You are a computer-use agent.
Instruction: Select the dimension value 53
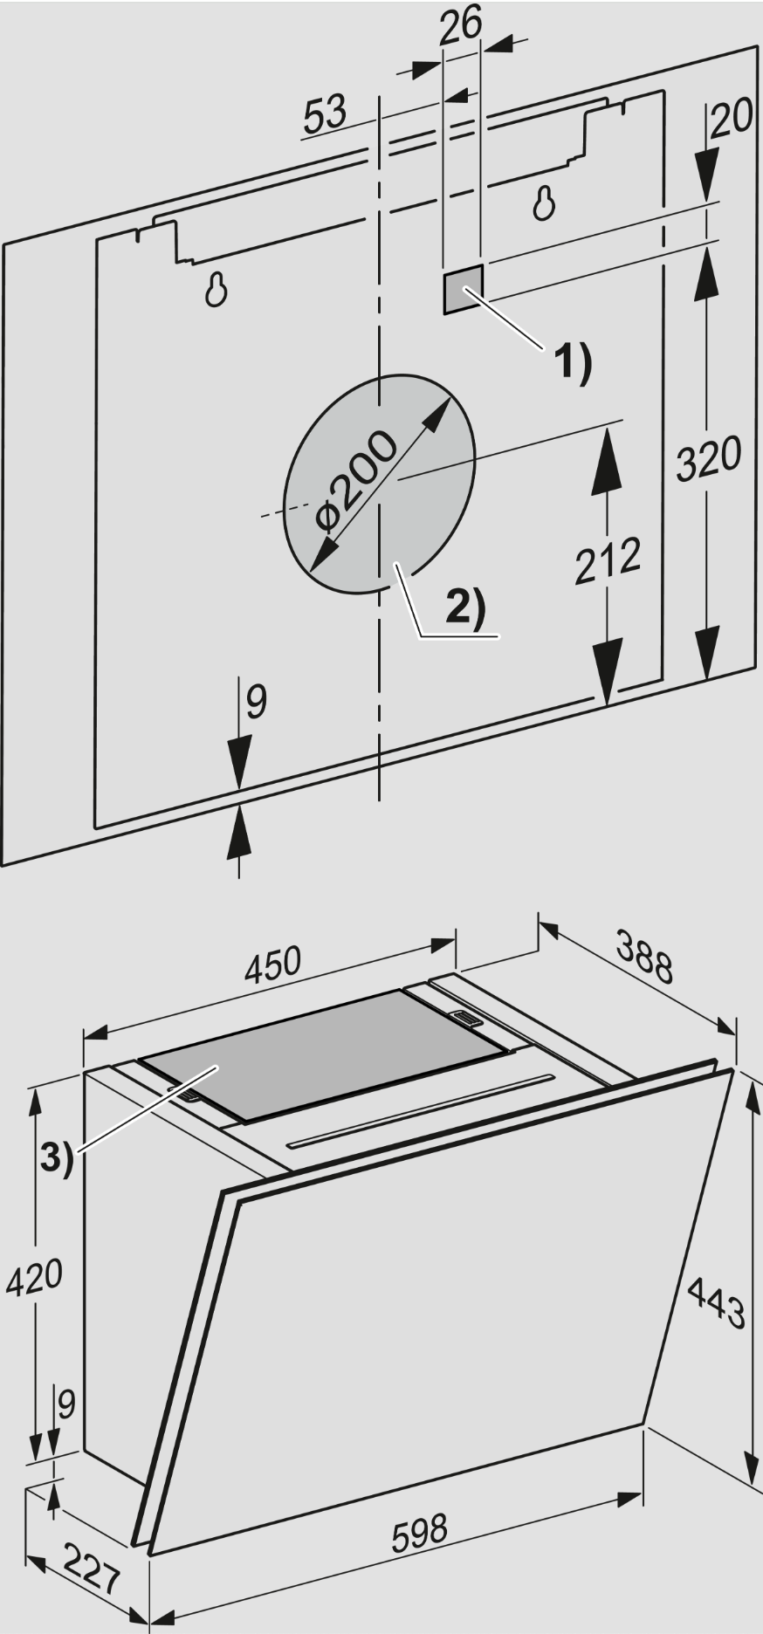[x=326, y=114]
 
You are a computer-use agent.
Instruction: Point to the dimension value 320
[x=709, y=457]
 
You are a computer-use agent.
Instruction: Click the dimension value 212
[x=608, y=560]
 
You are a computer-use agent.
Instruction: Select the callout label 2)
[x=464, y=607]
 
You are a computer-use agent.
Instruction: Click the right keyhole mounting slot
[x=544, y=203]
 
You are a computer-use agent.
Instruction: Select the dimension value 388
[x=643, y=956]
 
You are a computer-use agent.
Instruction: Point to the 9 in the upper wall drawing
[x=254, y=702]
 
